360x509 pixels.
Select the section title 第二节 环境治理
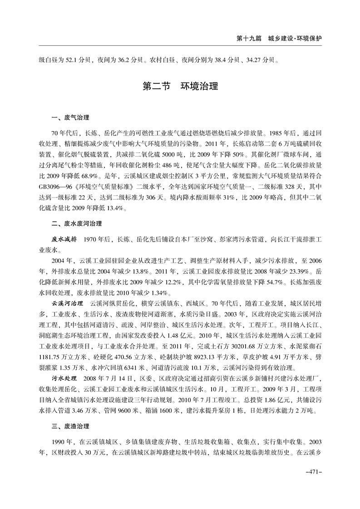coord(180,86)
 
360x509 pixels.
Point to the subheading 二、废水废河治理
coord(77,224)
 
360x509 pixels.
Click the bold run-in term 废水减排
coord(64,238)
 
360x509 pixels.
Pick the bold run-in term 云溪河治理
coord(68,302)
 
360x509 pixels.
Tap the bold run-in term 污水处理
coord(64,377)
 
